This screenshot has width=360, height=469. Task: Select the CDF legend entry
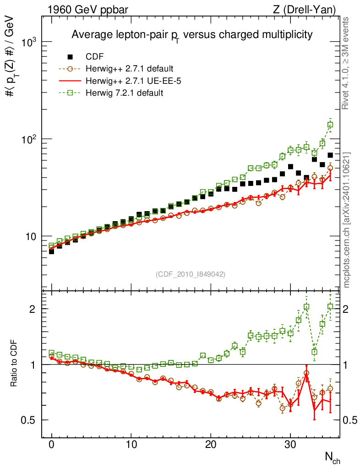[x=95, y=57]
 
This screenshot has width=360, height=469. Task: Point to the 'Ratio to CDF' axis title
[x=14, y=364]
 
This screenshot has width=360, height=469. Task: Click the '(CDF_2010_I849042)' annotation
[x=191, y=274]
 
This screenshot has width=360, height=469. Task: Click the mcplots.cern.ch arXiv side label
[x=347, y=220]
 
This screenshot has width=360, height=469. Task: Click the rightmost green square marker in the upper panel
[x=330, y=125]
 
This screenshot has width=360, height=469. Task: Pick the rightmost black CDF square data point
[x=330, y=155]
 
